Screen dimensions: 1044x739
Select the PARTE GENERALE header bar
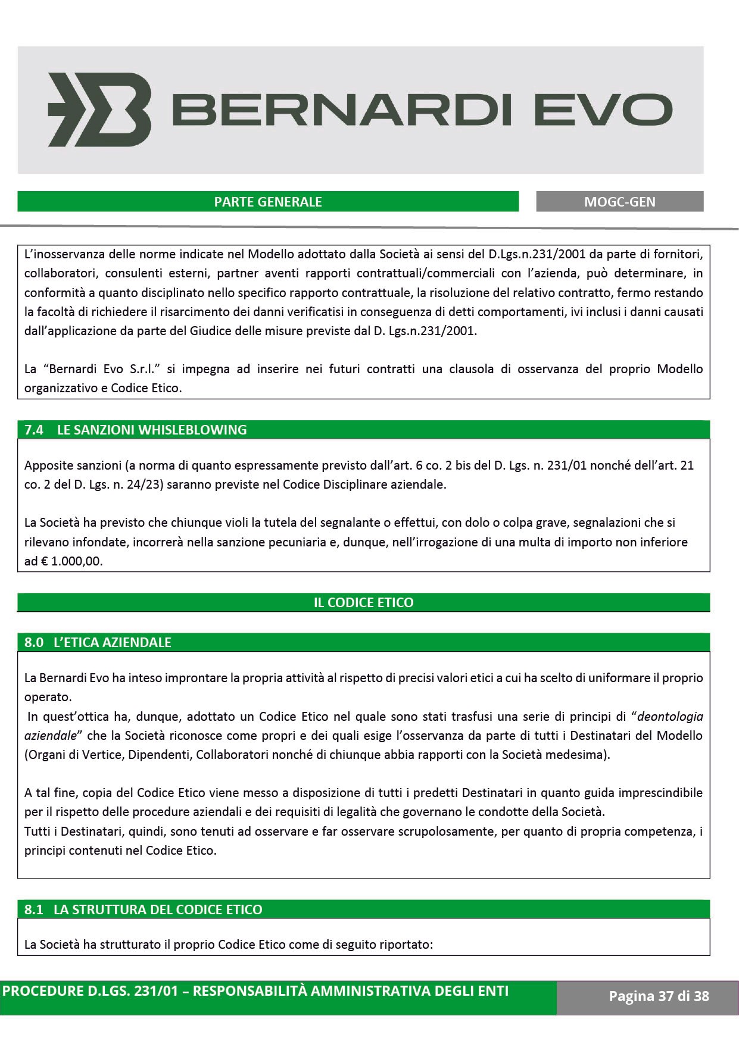[268, 202]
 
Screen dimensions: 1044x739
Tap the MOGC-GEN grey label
[619, 202]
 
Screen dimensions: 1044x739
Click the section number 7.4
[34, 430]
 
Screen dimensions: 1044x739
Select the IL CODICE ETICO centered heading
[363, 602]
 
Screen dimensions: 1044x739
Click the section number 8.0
[34, 642]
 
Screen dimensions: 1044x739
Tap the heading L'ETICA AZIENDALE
[113, 642]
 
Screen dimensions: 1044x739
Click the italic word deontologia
[670, 716]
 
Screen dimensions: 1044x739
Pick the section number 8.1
[34, 909]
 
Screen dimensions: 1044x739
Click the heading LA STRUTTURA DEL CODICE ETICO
[158, 909]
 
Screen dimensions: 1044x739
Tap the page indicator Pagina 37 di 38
[659, 996]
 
